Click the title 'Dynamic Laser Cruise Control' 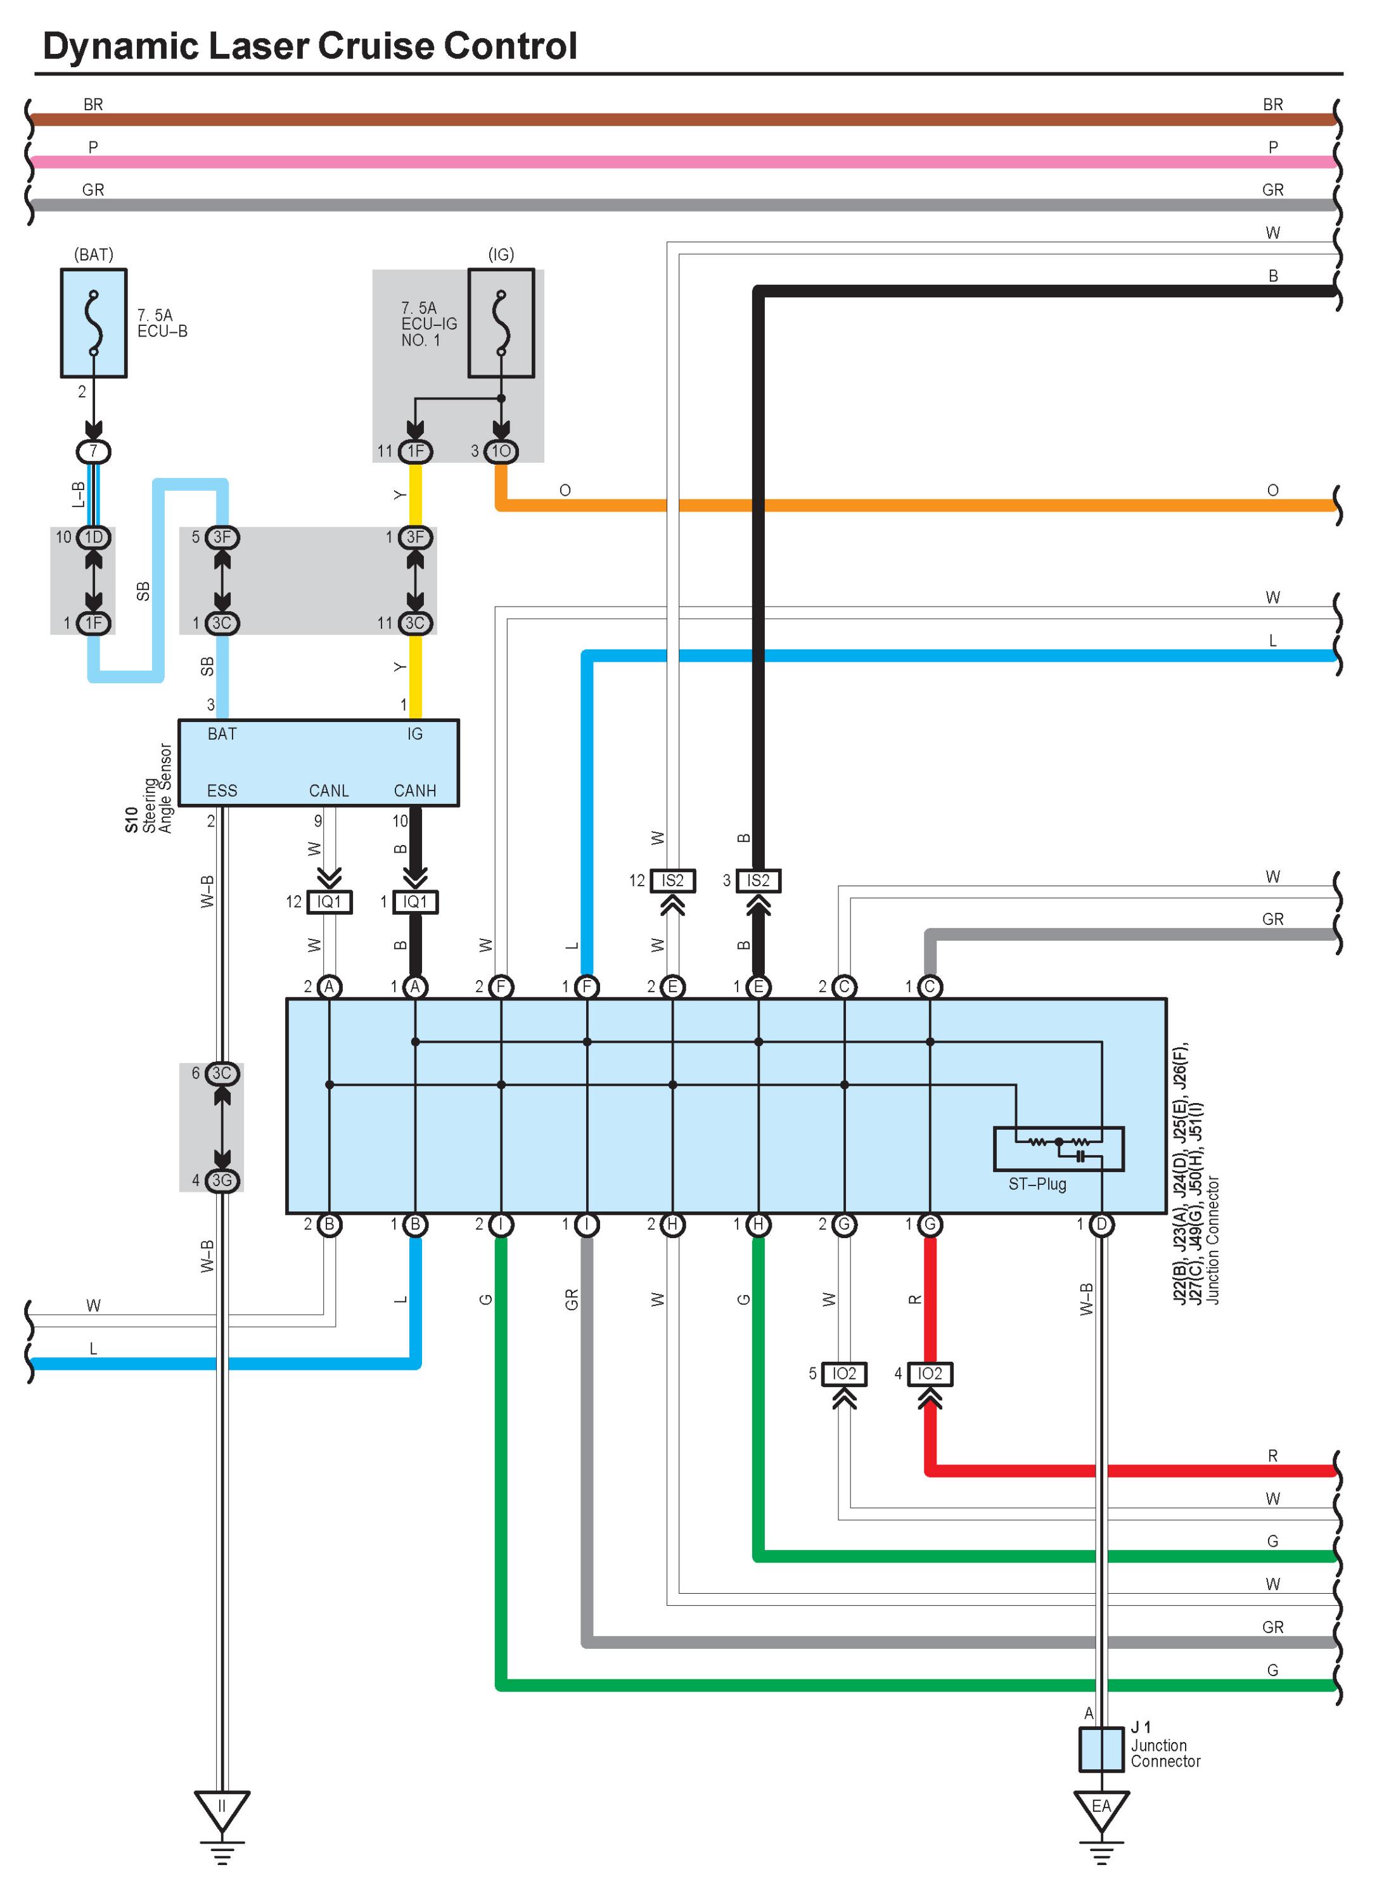(x=309, y=46)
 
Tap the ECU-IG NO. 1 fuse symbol (x=501, y=323)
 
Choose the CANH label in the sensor (x=414, y=791)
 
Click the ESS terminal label (x=222, y=791)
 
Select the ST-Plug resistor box (x=1059, y=1149)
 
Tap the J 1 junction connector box (x=1101, y=1749)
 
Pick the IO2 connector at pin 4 (x=930, y=1374)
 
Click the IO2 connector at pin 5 (x=844, y=1374)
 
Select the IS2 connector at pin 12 (x=673, y=881)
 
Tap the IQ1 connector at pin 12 (x=330, y=902)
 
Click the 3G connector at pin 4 (x=222, y=1180)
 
